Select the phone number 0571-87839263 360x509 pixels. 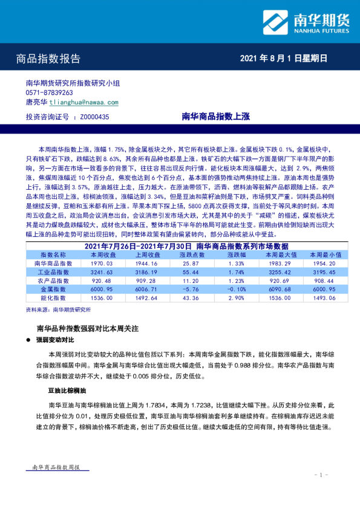49,93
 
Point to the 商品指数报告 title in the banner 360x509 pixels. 48,59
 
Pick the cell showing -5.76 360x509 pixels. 190,289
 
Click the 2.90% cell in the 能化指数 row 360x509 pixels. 237,298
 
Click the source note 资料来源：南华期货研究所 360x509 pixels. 58,309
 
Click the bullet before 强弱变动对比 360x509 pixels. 29,340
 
